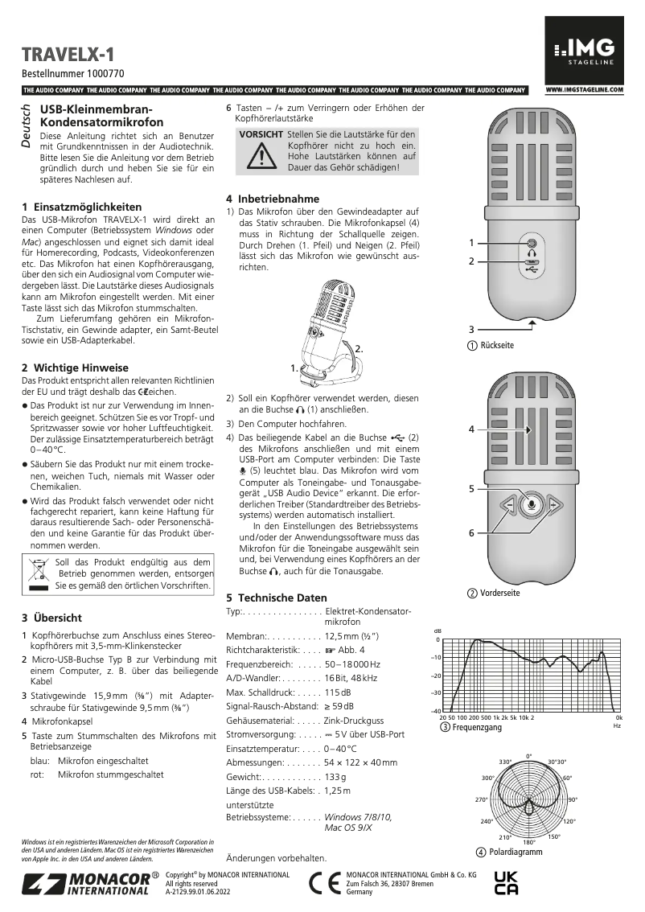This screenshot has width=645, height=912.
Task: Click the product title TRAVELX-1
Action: click(x=68, y=55)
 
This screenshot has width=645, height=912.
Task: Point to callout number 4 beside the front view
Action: click(x=472, y=430)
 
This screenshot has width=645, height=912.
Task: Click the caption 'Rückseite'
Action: click(x=496, y=345)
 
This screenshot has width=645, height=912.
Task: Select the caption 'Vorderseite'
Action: click(x=499, y=593)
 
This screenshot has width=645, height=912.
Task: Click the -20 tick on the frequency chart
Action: click(x=435, y=676)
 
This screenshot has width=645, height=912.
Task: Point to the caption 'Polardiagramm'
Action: click(x=510, y=852)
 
